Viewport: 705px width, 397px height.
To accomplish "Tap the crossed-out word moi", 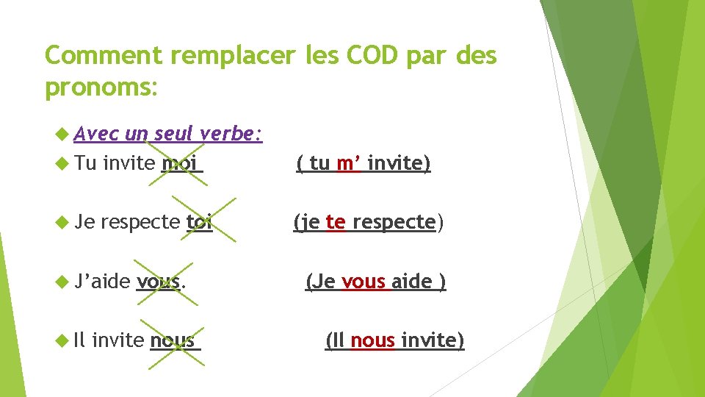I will tap(180, 163).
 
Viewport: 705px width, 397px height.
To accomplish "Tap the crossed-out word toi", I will tap(199, 222).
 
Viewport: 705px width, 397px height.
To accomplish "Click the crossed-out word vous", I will tap(159, 282).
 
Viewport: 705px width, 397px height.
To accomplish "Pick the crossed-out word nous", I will tap(173, 340).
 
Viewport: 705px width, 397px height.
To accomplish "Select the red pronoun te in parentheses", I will tap(335, 222).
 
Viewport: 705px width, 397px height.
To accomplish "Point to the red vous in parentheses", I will tap(364, 282).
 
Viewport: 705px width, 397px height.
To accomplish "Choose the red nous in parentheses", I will tap(373, 340).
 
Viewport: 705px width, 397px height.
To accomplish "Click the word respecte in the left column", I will tap(140, 222).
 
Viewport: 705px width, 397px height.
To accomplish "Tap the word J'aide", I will tap(103, 282).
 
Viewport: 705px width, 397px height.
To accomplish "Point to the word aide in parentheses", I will tap(411, 282).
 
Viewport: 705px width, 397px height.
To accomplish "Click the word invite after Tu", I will tap(129, 163).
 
